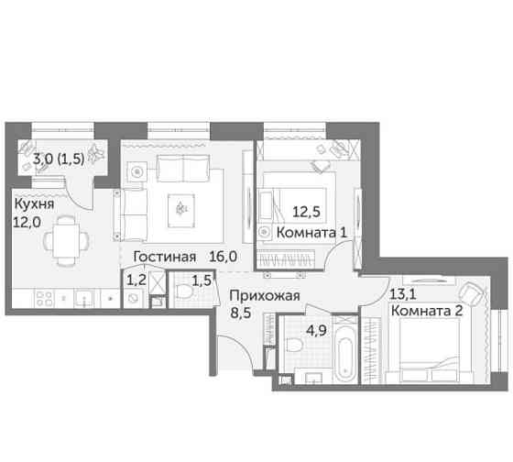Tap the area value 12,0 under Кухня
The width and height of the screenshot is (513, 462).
(30, 221)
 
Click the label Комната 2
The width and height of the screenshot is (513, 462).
(427, 312)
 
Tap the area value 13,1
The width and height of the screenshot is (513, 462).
(402, 294)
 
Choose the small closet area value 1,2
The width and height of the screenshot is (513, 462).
(136, 276)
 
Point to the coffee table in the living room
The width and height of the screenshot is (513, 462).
(181, 209)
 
